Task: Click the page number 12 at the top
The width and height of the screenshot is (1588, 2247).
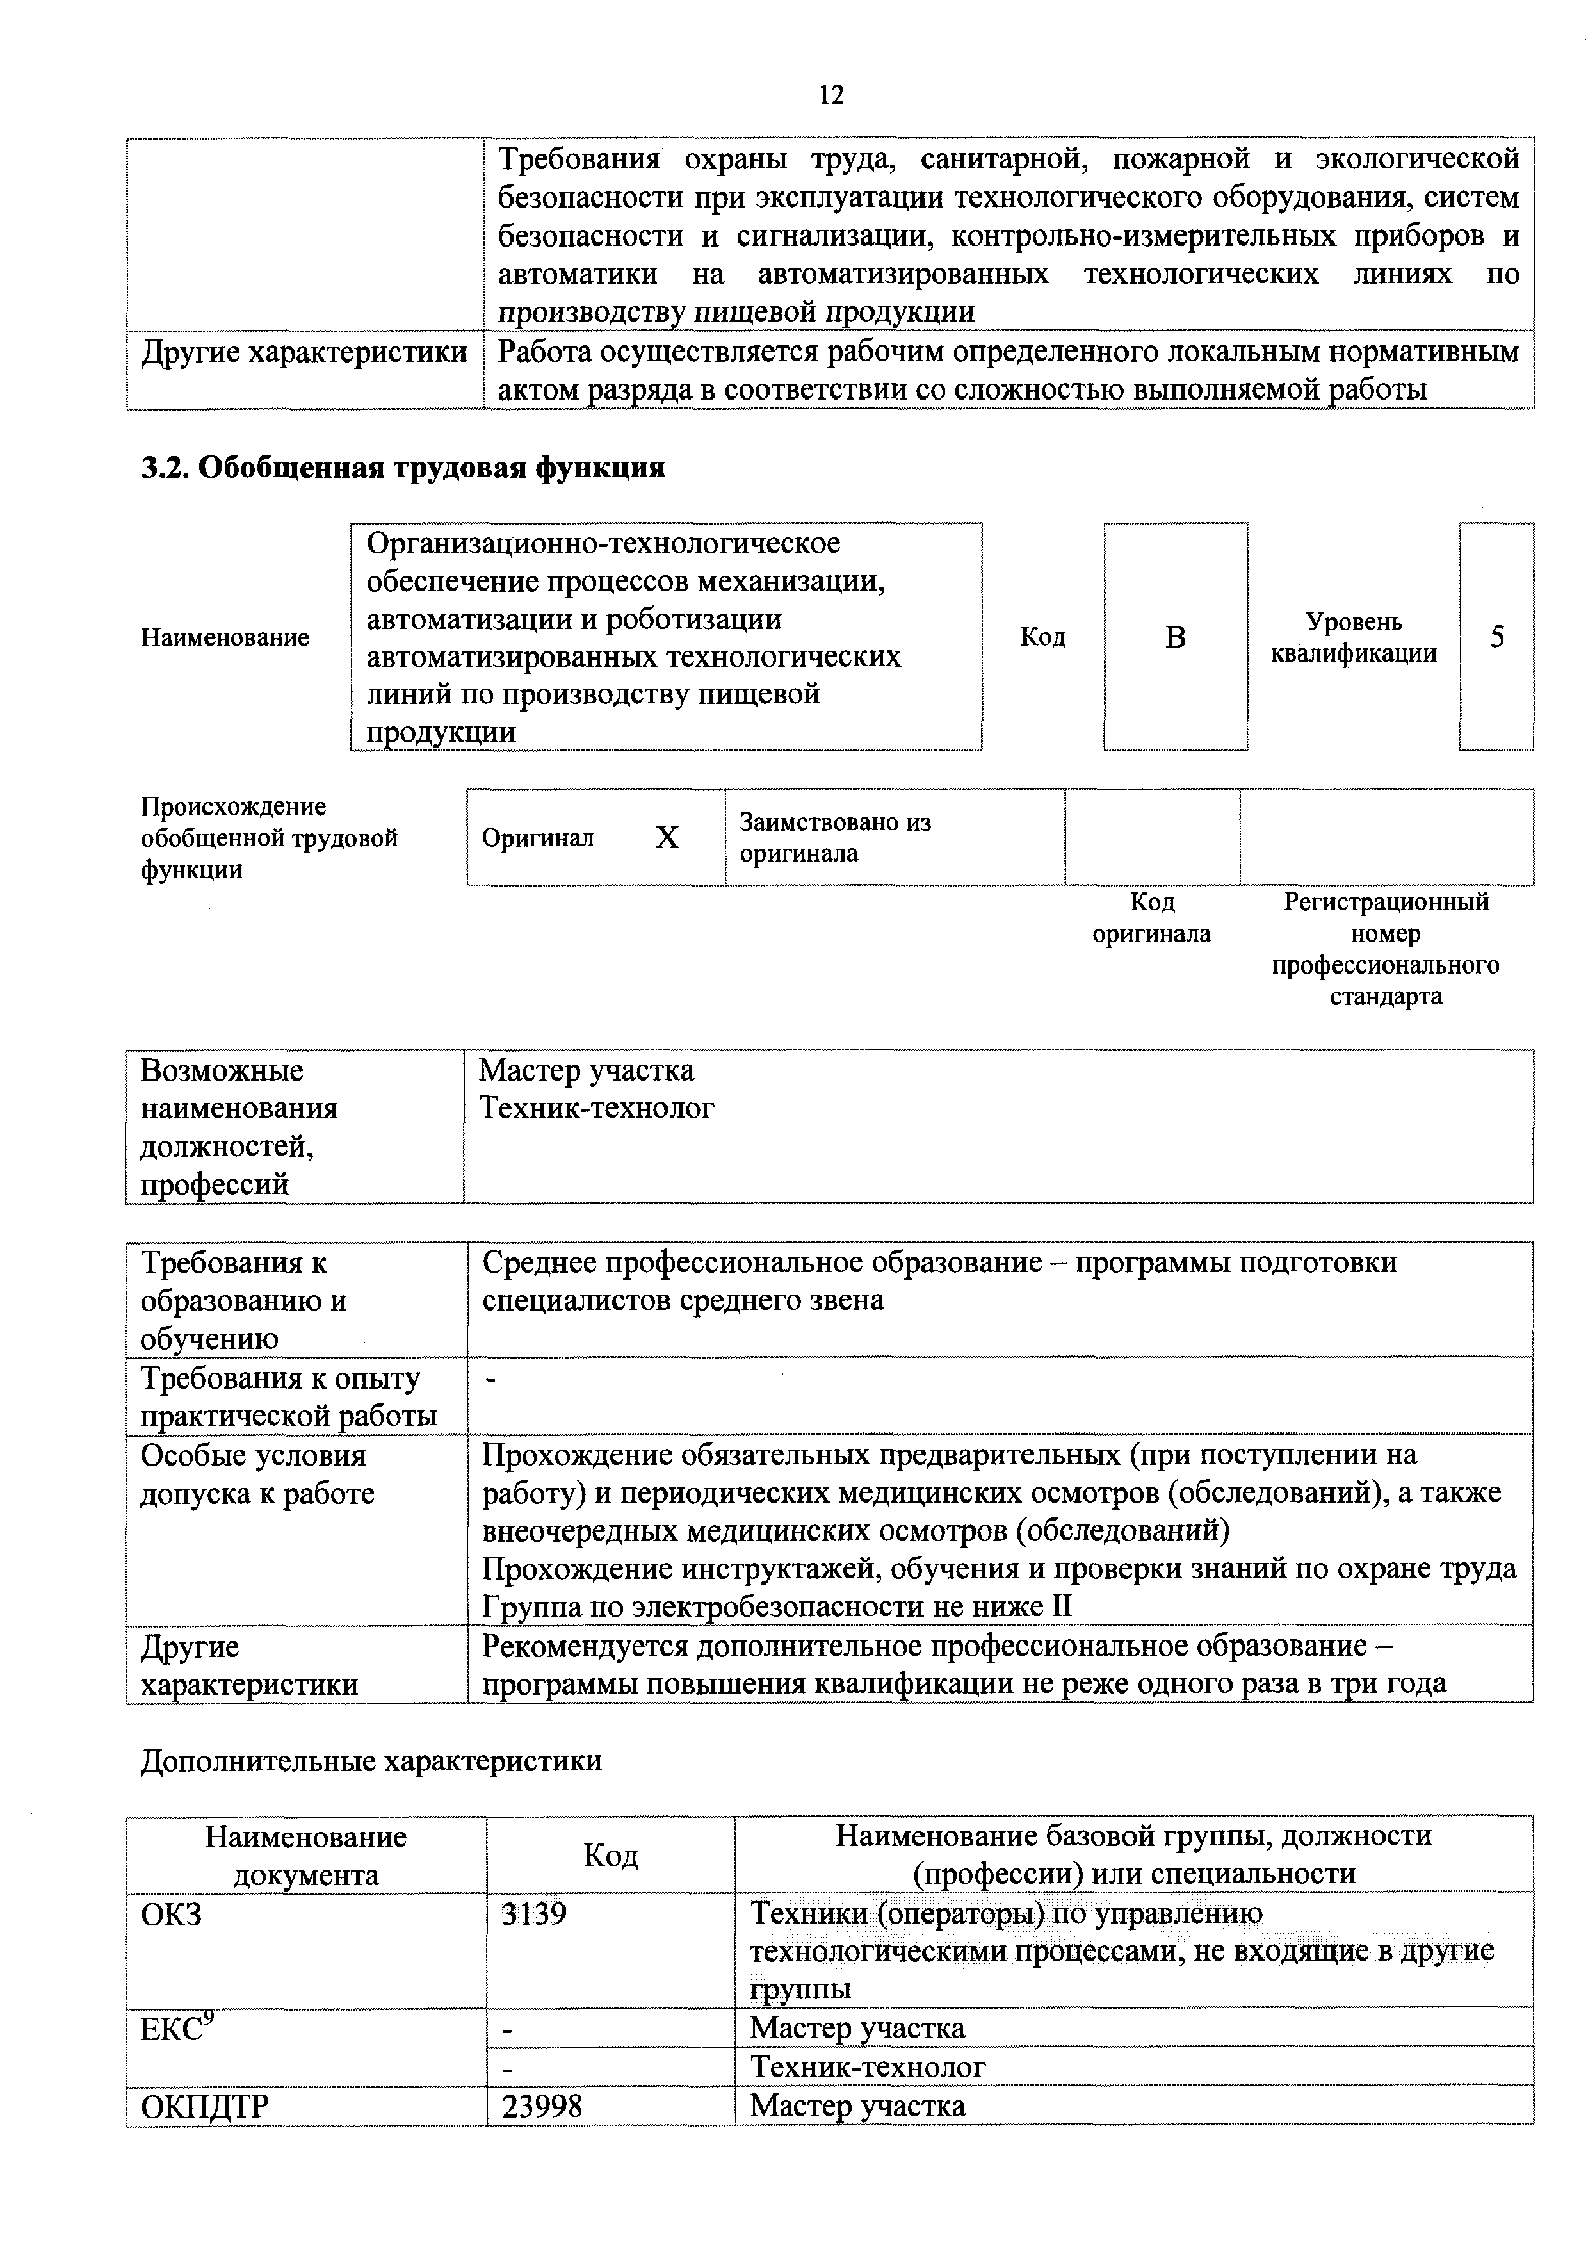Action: point(830,95)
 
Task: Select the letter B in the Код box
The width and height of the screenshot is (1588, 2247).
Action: point(1175,637)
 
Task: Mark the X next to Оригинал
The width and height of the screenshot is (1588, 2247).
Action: point(667,838)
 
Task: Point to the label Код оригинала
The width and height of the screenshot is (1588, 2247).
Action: point(1151,917)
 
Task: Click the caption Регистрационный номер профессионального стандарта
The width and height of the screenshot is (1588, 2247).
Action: point(1386,949)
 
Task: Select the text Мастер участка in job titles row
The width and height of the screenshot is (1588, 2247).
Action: point(586,1070)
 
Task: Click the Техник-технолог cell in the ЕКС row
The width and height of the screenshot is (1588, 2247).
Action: point(868,2067)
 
